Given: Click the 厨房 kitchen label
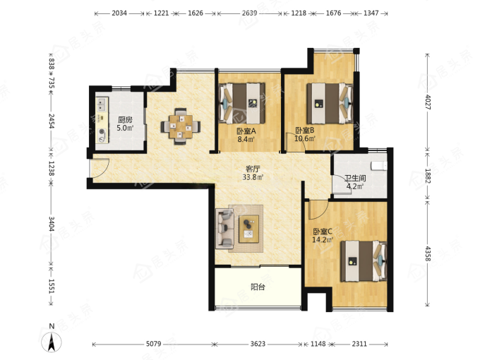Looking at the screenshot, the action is (125, 120).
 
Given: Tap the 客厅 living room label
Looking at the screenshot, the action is (253, 169).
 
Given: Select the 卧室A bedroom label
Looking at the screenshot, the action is (246, 131).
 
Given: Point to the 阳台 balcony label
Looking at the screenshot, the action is (258, 287).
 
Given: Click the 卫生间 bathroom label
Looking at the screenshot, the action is (355, 178).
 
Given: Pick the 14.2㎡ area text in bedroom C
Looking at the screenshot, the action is (323, 240).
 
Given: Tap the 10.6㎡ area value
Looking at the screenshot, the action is (305, 139).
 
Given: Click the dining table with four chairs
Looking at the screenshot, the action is (181, 126).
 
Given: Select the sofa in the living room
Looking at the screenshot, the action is (224, 229).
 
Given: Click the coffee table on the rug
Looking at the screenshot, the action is (249, 229).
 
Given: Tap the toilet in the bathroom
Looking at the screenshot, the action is (379, 166).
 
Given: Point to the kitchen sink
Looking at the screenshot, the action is (102, 104).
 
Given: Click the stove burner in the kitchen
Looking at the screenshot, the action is (102, 132).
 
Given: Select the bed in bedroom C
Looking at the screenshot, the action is (364, 261).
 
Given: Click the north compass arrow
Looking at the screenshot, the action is (52, 342).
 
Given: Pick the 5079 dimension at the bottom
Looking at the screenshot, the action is (153, 344).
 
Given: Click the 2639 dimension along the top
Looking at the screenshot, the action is (249, 13).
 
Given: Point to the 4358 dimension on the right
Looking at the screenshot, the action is (428, 254).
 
